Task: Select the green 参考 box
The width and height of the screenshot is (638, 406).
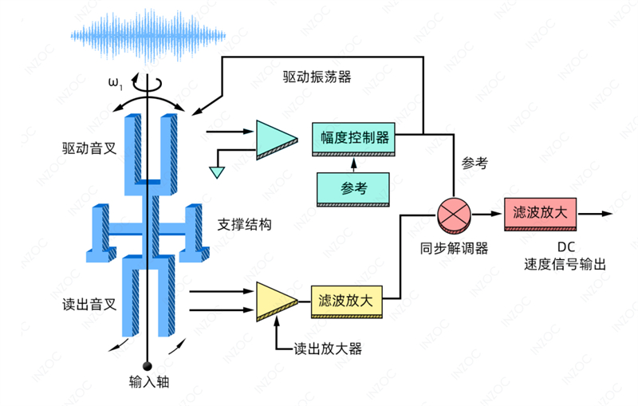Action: [353, 188]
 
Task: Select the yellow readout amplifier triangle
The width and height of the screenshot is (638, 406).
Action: [273, 302]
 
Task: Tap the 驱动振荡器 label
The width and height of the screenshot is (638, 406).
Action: [316, 77]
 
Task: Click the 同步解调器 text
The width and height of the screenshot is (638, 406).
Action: [455, 247]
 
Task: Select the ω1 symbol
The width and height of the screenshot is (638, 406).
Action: [116, 82]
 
